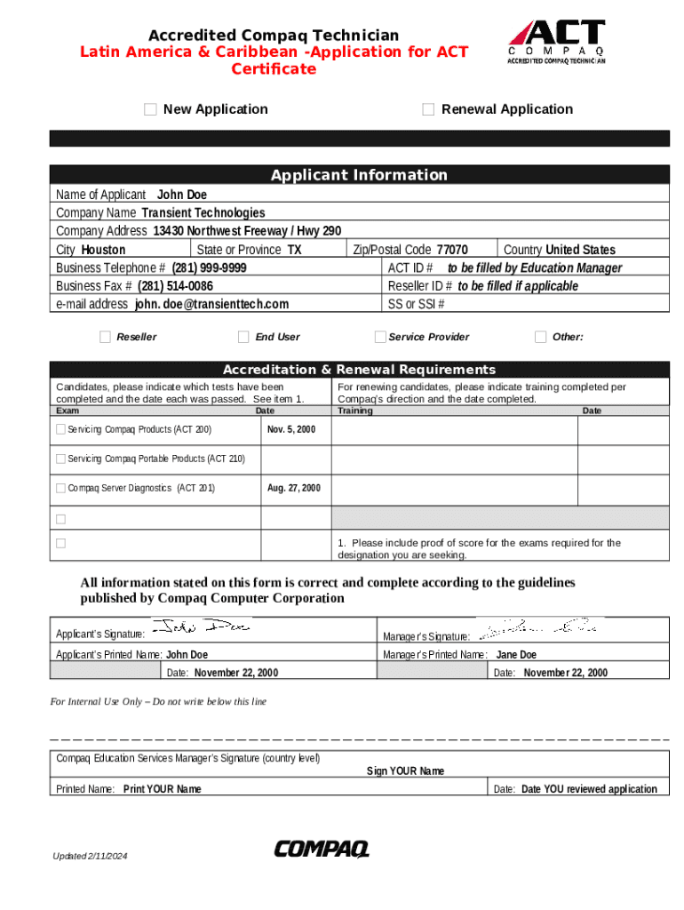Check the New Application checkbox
coord(150,109)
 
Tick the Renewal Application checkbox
coord(428,109)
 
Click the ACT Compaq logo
coord(557,43)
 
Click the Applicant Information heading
coord(359,175)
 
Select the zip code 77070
coord(452,250)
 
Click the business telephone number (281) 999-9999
coord(210,267)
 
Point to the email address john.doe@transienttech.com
coord(211,304)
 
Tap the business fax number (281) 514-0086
coord(175,286)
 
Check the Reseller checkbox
coord(106,337)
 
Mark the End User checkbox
coord(243,337)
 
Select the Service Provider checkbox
coord(380,337)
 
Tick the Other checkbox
coord(540,337)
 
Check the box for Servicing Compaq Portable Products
coord(60,459)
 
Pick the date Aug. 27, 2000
coord(293,488)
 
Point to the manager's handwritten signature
coord(537,629)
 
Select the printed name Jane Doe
coord(516,655)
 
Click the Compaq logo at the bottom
coord(322,850)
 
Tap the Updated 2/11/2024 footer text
coord(90,856)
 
